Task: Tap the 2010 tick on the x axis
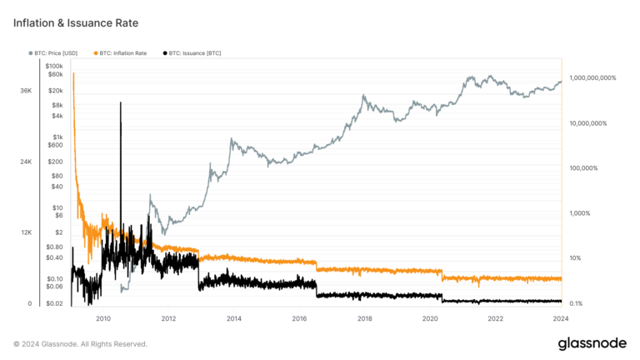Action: point(103,317)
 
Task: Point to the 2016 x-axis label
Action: point(299,317)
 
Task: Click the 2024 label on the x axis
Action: point(561,317)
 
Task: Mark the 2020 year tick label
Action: point(430,317)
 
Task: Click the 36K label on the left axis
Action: point(26,90)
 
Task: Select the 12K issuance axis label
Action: point(26,232)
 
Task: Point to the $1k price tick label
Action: point(57,137)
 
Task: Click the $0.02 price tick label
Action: point(54,303)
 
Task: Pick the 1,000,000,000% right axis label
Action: point(592,77)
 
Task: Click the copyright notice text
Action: point(80,343)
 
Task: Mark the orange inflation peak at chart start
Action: point(74,75)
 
